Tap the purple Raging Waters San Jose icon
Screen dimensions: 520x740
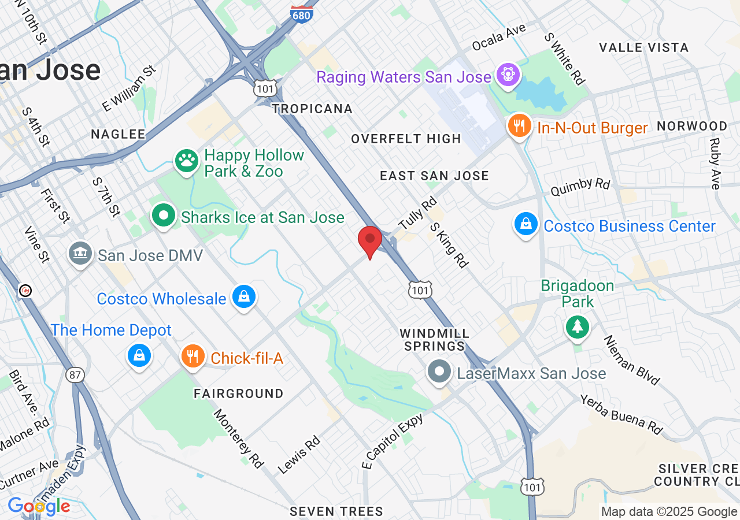(x=508, y=76)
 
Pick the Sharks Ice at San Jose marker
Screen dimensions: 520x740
(x=164, y=216)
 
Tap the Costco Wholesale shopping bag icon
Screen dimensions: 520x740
(x=244, y=298)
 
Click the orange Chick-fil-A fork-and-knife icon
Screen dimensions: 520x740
(x=193, y=357)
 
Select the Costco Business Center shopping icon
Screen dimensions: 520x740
(x=526, y=225)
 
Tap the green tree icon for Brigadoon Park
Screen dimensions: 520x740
(x=577, y=327)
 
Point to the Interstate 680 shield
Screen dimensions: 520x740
(x=302, y=14)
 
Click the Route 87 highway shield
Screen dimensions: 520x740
(x=75, y=376)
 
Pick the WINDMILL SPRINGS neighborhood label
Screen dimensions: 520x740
(x=435, y=340)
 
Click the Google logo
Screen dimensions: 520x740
(x=39, y=507)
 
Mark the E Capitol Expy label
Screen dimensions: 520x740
(x=393, y=440)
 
